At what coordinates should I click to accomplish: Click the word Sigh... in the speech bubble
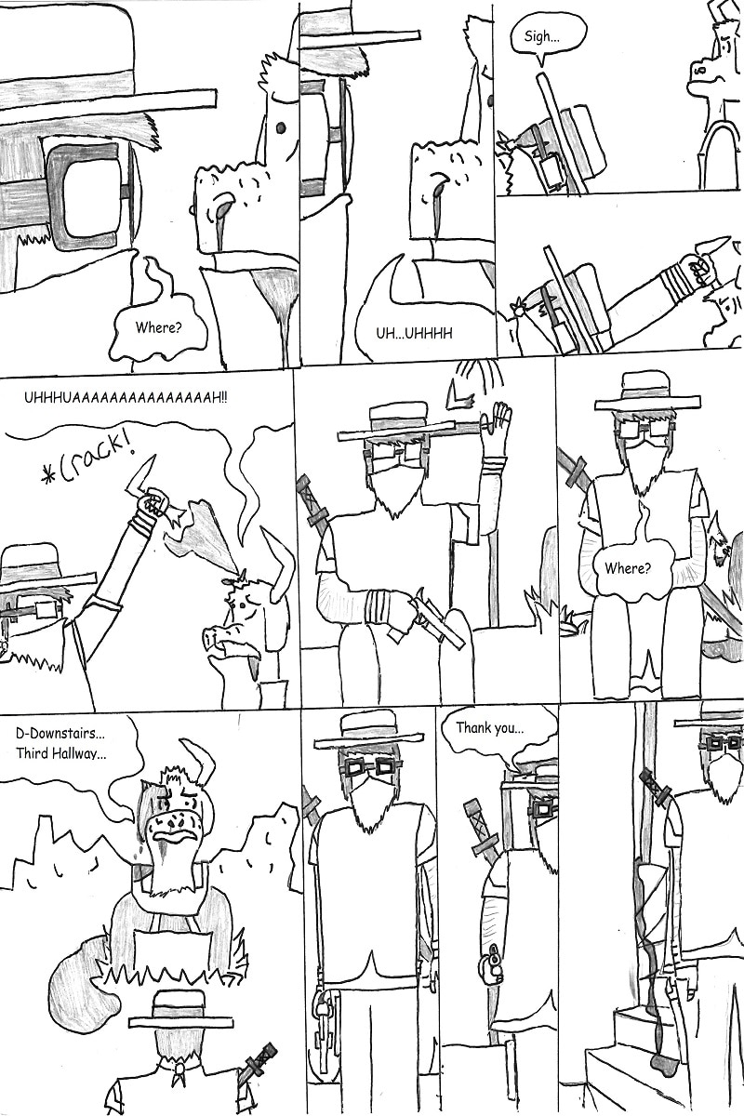541,37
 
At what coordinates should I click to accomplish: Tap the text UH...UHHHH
414,333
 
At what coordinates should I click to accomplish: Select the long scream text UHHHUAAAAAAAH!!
126,399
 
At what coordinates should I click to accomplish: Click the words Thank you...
490,728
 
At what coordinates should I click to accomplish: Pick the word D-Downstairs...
60,734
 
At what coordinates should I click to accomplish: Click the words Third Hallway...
61,752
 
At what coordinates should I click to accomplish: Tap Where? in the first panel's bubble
158,327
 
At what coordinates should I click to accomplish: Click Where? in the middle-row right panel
628,567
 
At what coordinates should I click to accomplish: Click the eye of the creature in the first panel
280,127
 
